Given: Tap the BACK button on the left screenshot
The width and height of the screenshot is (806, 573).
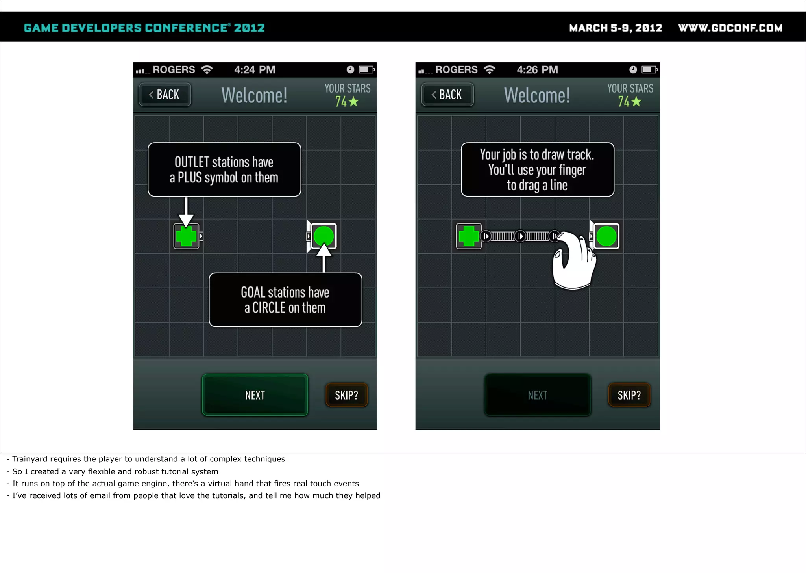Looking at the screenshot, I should [165, 95].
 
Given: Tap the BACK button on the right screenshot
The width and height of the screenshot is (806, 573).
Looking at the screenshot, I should [447, 95].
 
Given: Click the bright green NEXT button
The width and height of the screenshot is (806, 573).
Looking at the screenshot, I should [255, 395].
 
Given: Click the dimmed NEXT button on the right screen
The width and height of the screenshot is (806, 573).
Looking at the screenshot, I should [538, 395].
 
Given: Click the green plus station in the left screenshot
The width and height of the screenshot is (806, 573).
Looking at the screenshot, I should [186, 236].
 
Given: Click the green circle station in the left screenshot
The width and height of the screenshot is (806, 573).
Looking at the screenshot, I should [324, 236].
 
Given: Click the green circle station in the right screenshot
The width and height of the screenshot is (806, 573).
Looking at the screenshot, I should [606, 236].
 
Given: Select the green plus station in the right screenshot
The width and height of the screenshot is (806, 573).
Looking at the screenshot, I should [469, 236].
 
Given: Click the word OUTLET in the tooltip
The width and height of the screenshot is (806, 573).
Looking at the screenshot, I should [192, 162].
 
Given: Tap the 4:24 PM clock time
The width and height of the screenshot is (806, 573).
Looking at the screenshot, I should [255, 70].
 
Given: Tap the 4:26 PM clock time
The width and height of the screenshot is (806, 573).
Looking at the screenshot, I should [537, 70].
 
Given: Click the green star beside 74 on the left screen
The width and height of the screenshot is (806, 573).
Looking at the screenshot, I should [354, 101].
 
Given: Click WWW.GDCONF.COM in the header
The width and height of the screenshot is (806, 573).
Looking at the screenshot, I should [730, 28].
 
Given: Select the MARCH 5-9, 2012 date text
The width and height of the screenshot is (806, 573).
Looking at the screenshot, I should [616, 28].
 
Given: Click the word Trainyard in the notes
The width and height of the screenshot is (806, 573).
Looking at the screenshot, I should [30, 459].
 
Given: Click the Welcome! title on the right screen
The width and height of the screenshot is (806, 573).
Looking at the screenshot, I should [537, 95].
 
